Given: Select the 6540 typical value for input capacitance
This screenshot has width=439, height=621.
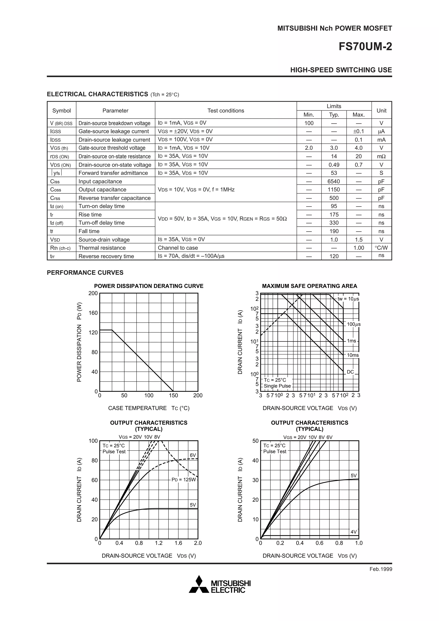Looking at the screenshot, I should coord(334,181).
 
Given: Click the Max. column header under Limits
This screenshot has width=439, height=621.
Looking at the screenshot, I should coord(358,115).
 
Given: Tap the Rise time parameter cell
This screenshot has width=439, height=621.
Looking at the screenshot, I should coord(90,214).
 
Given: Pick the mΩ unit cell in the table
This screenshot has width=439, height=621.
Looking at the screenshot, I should coord(381,156).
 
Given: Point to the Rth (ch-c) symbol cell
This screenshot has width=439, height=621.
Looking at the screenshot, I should coord(60,248).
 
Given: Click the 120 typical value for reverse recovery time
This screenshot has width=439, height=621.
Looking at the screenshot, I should coord(334,256).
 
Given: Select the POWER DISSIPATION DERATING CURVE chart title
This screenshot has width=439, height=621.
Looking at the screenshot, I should coord(149,286).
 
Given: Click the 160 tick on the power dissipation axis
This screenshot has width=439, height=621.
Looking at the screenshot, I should coord(93,313).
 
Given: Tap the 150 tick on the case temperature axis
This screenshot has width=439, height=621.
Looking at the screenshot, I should coord(173,395).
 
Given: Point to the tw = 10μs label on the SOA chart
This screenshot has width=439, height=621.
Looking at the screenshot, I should coord(348,299).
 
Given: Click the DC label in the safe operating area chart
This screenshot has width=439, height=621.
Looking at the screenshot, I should coord(350,372).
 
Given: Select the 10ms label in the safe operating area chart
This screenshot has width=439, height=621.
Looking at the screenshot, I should coord(353,355).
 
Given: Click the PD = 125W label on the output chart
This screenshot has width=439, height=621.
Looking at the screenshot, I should coord(184,480).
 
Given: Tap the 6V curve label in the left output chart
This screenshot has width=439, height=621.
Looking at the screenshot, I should coord(192,455).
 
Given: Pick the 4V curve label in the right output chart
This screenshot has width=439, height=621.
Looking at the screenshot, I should coord(353,532).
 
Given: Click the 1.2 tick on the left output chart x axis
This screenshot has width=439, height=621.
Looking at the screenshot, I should coord(159,543).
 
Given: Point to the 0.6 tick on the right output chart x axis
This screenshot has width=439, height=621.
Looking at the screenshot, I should coord(319,543).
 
